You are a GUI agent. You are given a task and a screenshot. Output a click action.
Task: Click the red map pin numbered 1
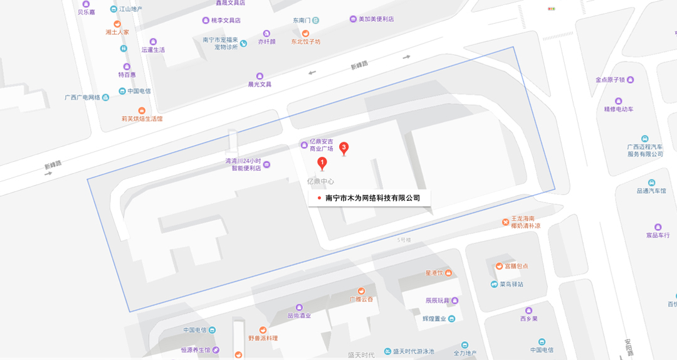tap(322, 164)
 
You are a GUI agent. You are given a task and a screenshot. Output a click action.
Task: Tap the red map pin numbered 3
tap(344, 148)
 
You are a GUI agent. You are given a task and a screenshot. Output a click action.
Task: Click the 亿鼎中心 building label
tap(320, 181)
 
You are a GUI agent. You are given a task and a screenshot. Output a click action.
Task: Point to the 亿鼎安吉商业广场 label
tap(322, 145)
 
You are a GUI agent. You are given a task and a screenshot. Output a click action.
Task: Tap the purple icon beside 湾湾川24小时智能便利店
tap(266, 165)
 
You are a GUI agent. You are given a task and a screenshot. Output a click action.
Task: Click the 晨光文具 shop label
tap(260, 84)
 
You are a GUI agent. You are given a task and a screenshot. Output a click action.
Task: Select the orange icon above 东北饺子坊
tap(305, 33)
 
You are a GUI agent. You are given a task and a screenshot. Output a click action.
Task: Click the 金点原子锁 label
tap(610, 80)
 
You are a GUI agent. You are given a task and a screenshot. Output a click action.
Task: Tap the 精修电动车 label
tap(619, 109)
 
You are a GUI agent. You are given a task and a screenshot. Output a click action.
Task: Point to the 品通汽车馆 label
tap(651, 191)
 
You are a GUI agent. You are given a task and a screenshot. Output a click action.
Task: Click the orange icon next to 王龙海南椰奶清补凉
tap(505, 222)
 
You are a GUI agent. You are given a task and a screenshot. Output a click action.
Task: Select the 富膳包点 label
tap(516, 266)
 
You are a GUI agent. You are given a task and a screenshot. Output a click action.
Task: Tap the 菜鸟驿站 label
tap(511, 284)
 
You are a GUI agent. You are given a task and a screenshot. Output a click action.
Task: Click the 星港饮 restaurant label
tap(434, 273)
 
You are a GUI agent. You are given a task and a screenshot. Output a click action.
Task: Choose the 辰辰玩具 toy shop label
tap(438, 300)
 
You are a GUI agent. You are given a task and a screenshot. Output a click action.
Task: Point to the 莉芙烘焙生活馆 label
tap(142, 118)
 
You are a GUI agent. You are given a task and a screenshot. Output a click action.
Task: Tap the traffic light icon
tap(552, 9)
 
